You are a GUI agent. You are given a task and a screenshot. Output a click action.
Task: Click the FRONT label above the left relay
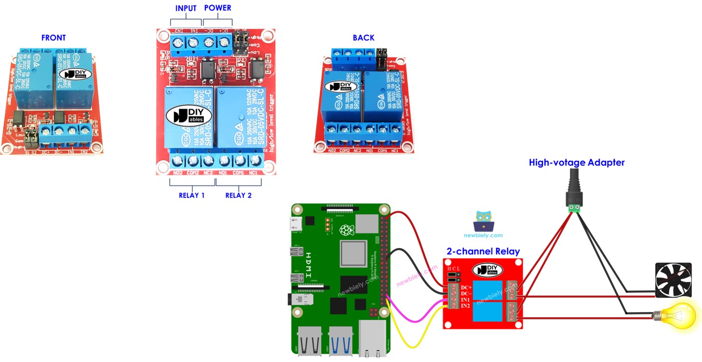pyautogui.click(x=54, y=38)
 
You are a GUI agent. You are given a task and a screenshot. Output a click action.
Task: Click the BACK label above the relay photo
pyautogui.click(x=364, y=38)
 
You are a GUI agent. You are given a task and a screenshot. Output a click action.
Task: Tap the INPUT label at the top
pyautogui.click(x=186, y=9)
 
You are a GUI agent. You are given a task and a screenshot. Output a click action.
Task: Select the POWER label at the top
pyautogui.click(x=217, y=9)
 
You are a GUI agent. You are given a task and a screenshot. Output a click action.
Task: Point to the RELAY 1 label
pyautogui.click(x=191, y=195)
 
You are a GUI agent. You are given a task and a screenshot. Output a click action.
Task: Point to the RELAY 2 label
pyautogui.click(x=238, y=195)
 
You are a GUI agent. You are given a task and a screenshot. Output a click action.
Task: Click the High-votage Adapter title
pyautogui.click(x=577, y=163)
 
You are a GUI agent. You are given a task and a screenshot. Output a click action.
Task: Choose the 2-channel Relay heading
pyautogui.click(x=483, y=251)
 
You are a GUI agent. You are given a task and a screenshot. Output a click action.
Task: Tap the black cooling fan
pyautogui.click(x=672, y=280)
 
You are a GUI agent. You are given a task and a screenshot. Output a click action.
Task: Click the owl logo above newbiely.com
pyautogui.click(x=483, y=221)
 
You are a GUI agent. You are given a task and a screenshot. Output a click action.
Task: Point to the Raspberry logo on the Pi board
pyautogui.click(x=350, y=231)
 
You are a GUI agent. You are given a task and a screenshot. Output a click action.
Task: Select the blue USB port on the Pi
pyautogui.click(x=342, y=341)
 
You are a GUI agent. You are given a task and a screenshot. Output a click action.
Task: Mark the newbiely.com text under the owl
pyautogui.click(x=483, y=235)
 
